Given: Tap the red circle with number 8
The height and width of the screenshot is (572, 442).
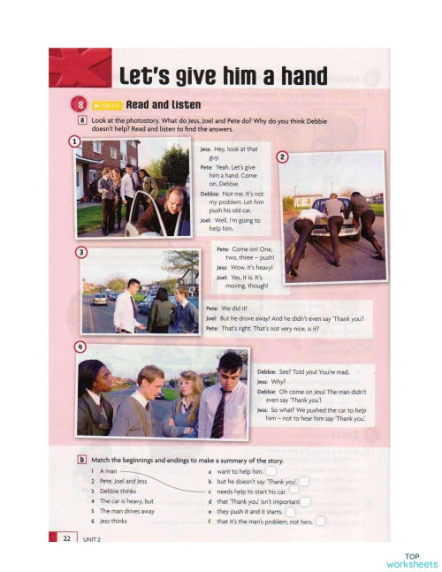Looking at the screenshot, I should point(79,104).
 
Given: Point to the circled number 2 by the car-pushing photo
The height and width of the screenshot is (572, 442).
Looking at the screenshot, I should point(282,157).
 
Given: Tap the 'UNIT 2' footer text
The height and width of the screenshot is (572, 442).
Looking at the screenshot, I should point(94,538).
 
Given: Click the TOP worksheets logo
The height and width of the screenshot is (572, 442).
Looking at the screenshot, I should point(411,560).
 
